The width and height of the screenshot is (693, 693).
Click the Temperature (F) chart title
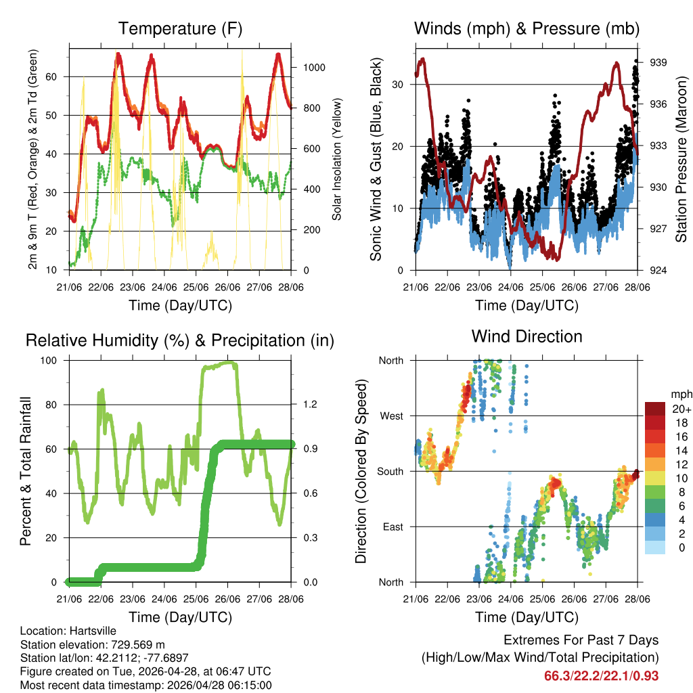tap(180, 28)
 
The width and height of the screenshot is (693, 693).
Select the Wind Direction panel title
tap(527, 336)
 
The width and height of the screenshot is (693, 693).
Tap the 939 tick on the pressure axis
tap(658, 62)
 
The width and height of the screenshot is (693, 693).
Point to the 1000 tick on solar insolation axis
tap(314, 68)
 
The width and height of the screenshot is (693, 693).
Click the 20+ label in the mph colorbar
tap(680, 409)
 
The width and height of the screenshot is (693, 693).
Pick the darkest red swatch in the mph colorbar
tap(656, 409)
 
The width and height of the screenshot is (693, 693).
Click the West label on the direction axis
tap(390, 416)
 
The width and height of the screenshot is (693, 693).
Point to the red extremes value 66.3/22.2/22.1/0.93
tap(602, 675)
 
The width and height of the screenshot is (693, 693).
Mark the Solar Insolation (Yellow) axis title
tap(336, 159)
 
